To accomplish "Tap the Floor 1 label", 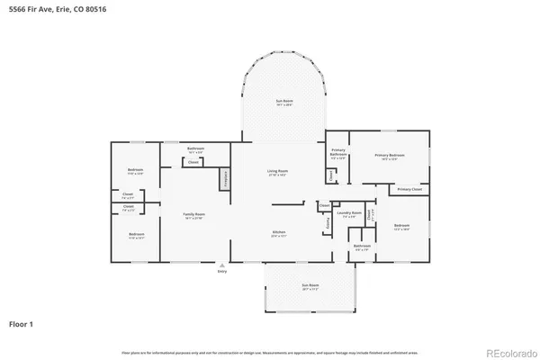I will [22, 322].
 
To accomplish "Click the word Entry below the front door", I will [222, 272].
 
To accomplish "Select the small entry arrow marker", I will [222, 265].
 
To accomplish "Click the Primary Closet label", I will [409, 189].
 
